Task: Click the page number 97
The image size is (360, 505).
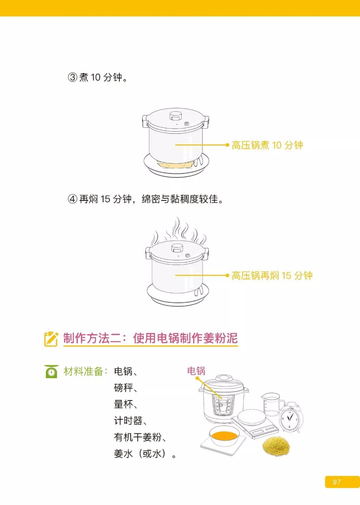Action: (337, 482)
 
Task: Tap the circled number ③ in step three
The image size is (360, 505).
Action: (73, 77)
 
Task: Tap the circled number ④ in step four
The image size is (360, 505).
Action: (73, 199)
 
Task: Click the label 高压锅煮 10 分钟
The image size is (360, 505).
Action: (267, 145)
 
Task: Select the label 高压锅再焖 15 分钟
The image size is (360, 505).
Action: (272, 276)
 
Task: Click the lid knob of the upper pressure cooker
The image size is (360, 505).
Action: (175, 116)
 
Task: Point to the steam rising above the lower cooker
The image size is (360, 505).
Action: (178, 232)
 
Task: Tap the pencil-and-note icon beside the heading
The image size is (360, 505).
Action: (51, 339)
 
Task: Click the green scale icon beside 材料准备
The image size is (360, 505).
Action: (51, 371)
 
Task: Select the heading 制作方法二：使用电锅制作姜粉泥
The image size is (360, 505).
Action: (150, 338)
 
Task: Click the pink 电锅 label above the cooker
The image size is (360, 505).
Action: (196, 371)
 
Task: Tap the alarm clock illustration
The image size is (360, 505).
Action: (289, 417)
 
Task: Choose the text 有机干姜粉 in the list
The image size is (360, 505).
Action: (138, 437)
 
